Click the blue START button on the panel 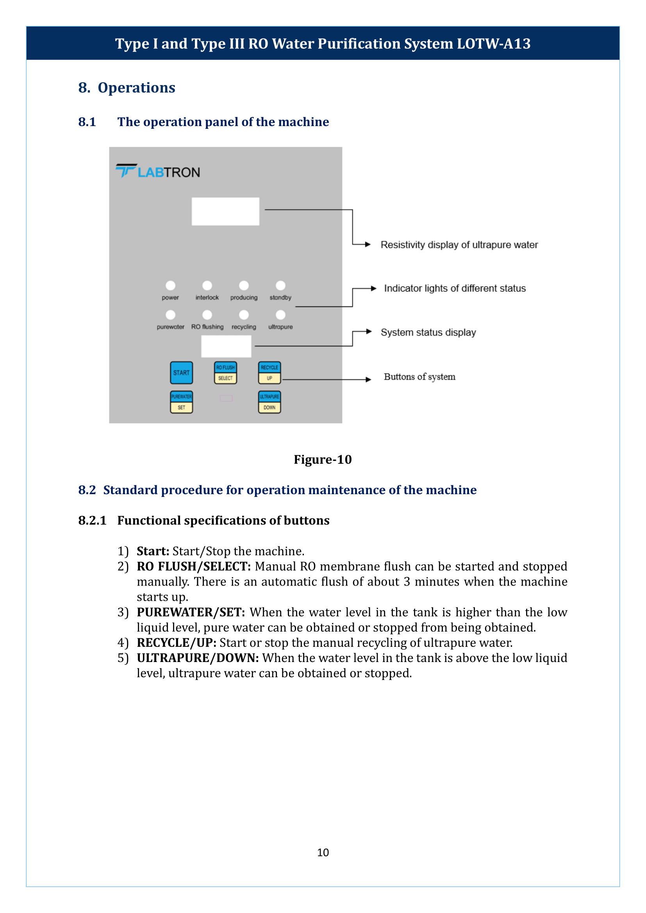tap(181, 373)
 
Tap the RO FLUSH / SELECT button tap(225, 373)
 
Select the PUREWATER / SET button tap(181, 402)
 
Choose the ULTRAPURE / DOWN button tap(269, 402)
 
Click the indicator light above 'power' tap(170, 285)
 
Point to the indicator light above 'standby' tap(280, 285)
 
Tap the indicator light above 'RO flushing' tap(207, 315)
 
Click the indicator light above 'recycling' tap(244, 315)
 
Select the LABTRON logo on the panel tap(158, 171)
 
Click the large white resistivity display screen tap(225, 211)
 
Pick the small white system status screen tap(226, 346)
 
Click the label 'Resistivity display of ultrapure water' tap(459, 245)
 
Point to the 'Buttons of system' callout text tap(419, 377)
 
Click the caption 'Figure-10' tap(323, 459)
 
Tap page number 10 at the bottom tap(323, 852)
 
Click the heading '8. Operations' tap(127, 87)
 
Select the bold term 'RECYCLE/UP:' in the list tap(177, 642)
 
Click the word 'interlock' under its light tap(207, 297)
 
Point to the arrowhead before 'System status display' tap(369, 331)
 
